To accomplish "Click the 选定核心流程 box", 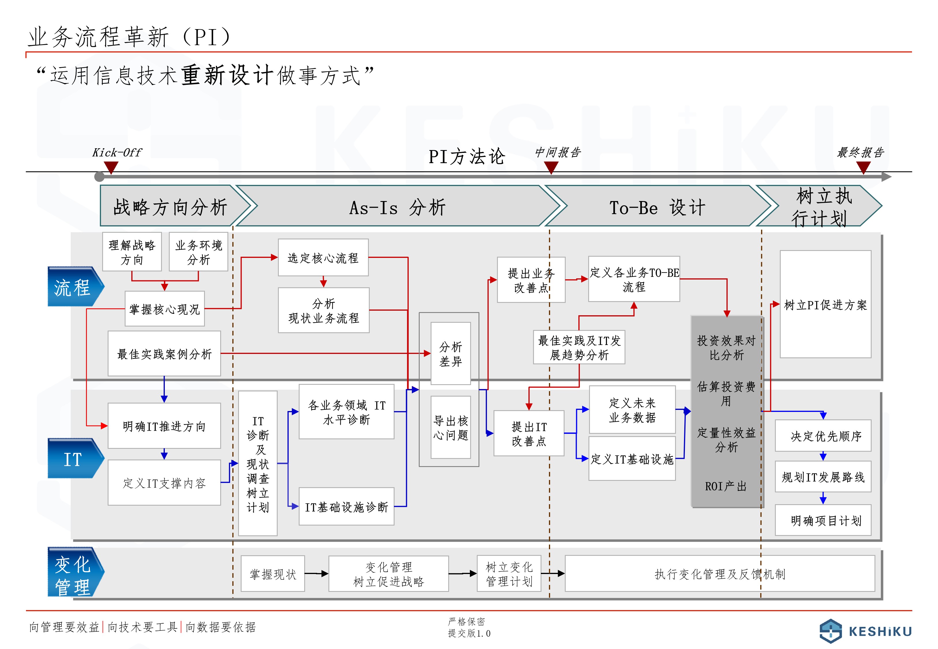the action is [323, 257].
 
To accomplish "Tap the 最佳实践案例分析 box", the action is [164, 353].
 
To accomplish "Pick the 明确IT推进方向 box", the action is [164, 426].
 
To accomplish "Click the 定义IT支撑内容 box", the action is [164, 483].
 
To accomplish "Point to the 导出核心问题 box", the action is [451, 427].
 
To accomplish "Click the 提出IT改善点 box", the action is [529, 434].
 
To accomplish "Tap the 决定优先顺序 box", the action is [823, 436].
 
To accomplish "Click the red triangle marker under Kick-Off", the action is [111, 167].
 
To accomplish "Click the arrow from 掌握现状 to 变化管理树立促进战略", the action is [316, 574].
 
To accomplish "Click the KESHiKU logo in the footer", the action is [865, 631].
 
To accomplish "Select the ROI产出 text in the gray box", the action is [726, 486].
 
